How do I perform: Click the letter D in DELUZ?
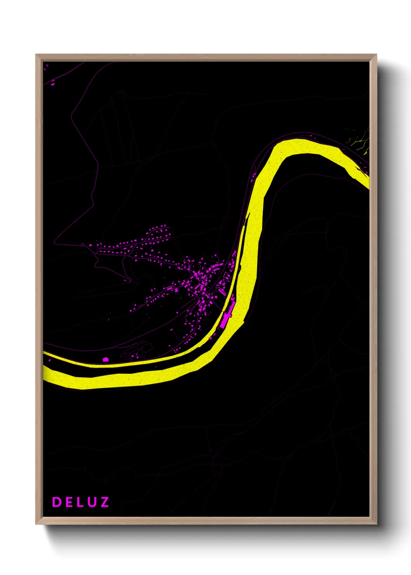(x=57, y=502)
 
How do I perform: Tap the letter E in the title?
(x=69, y=502)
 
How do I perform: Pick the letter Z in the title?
(x=104, y=502)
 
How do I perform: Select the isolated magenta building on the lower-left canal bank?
(x=105, y=360)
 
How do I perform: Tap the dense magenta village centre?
(x=202, y=280)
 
